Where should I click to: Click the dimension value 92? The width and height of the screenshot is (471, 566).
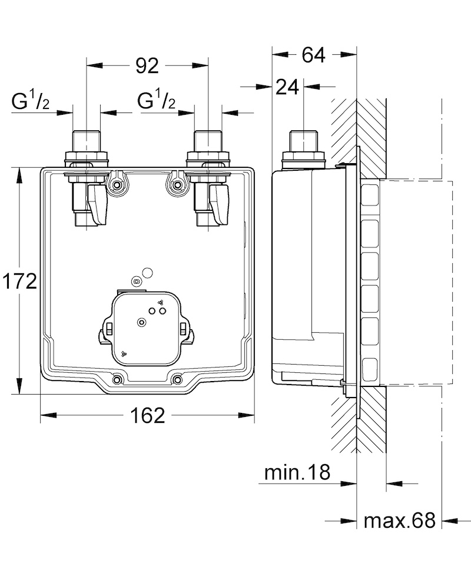147,66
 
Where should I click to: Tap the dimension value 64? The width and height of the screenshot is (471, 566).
314,55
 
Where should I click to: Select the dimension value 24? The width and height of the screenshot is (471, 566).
287,87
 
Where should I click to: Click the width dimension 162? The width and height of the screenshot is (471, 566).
148,415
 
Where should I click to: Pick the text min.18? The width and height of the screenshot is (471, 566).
297,472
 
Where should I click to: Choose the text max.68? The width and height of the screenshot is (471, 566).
400,520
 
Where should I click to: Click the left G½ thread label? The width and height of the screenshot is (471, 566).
30,100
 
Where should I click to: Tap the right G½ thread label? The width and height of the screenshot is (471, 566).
156,100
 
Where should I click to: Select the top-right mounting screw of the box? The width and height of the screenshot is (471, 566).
177,186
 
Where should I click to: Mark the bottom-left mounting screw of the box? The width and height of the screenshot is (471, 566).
117,380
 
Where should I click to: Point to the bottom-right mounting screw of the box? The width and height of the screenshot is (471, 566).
177,380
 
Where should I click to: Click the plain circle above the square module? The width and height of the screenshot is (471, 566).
148,273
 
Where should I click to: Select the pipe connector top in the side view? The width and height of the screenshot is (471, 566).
304,141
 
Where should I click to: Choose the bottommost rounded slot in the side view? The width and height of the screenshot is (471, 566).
370,369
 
